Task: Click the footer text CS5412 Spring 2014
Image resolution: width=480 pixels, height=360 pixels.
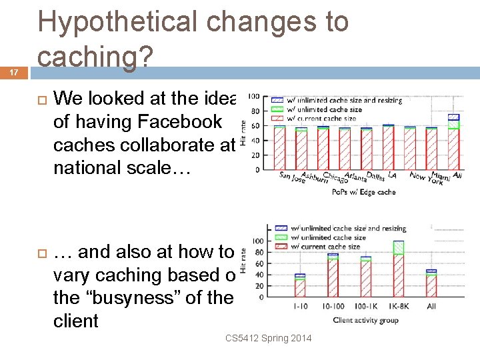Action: [x=268, y=339]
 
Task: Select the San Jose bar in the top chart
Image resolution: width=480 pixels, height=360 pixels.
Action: [x=279, y=148]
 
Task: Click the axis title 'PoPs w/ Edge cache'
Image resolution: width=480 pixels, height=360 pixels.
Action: [x=363, y=193]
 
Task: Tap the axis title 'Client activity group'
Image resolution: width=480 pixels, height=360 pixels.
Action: [x=365, y=321]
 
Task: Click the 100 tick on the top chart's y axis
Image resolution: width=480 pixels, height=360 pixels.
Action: [x=253, y=98]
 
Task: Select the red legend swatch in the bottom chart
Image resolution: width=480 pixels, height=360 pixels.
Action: [x=279, y=247]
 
